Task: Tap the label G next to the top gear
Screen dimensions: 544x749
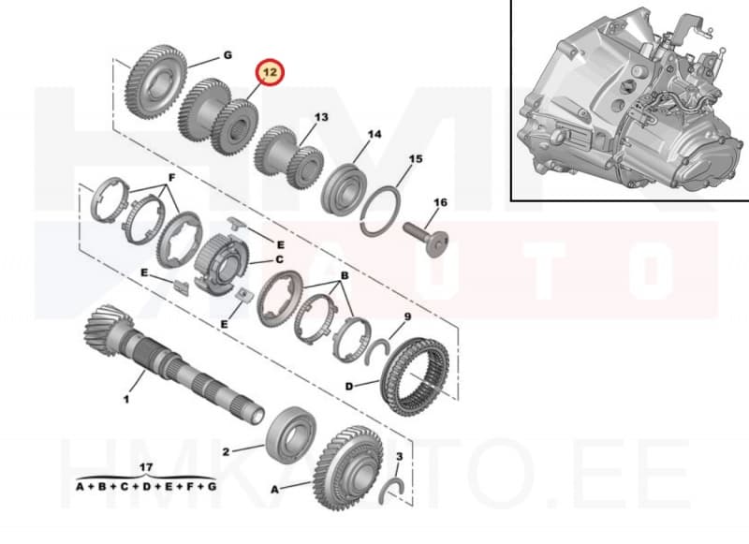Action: (227, 56)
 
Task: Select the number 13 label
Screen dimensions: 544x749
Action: (321, 118)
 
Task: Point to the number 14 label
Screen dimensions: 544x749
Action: (374, 135)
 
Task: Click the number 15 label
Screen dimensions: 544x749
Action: (417, 160)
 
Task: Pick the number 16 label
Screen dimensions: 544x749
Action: (440, 202)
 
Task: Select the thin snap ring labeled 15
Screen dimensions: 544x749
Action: (384, 205)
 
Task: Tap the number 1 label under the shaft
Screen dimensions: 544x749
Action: (125, 399)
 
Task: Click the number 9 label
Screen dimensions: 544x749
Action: (407, 317)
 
